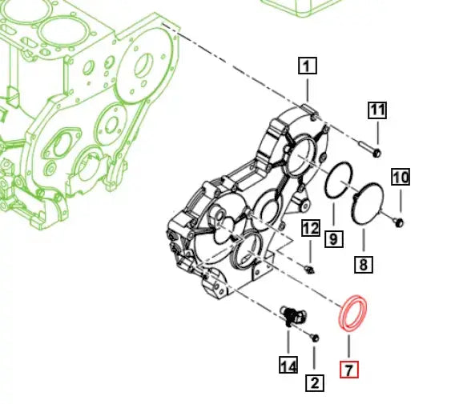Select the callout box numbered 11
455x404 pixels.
(377, 110)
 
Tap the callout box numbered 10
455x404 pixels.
(400, 177)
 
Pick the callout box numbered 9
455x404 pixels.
(333, 238)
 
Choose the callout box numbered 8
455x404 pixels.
(363, 263)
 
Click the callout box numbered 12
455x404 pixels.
(310, 228)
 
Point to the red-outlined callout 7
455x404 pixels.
(348, 370)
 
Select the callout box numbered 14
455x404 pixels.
(288, 366)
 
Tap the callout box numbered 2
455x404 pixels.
(315, 382)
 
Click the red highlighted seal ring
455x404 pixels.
(350, 314)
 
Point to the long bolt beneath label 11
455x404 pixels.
(371, 147)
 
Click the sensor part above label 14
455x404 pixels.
(290, 314)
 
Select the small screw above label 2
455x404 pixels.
(315, 338)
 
